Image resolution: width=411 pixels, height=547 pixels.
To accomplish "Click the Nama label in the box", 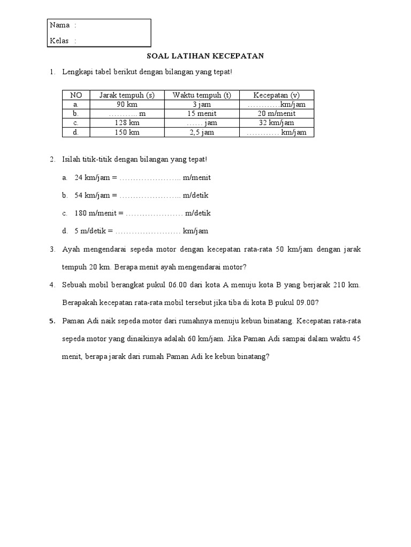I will point(59,25).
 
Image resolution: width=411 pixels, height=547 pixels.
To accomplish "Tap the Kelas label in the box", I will point(59,41).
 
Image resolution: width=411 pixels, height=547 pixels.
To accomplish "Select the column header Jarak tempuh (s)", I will point(127,95).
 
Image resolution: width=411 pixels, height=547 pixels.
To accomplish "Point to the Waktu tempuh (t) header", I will point(201,95).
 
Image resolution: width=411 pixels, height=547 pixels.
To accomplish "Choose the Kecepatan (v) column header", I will point(277,95).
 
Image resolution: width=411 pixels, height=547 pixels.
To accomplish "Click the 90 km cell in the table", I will point(127,104).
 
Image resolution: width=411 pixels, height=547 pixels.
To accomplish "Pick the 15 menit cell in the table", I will point(201,114).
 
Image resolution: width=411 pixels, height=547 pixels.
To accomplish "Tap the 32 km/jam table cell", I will point(277,123).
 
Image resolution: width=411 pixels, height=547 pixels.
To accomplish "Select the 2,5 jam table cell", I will point(201,132).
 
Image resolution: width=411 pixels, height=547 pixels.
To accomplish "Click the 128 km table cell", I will point(127,123).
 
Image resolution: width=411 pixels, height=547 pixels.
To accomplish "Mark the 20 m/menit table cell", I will point(277,114).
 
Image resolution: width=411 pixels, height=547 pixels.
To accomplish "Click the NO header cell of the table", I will point(76,95).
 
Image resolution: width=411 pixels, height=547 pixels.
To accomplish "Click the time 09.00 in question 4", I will point(307,303).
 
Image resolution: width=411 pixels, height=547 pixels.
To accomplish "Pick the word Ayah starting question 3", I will point(71,249).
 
